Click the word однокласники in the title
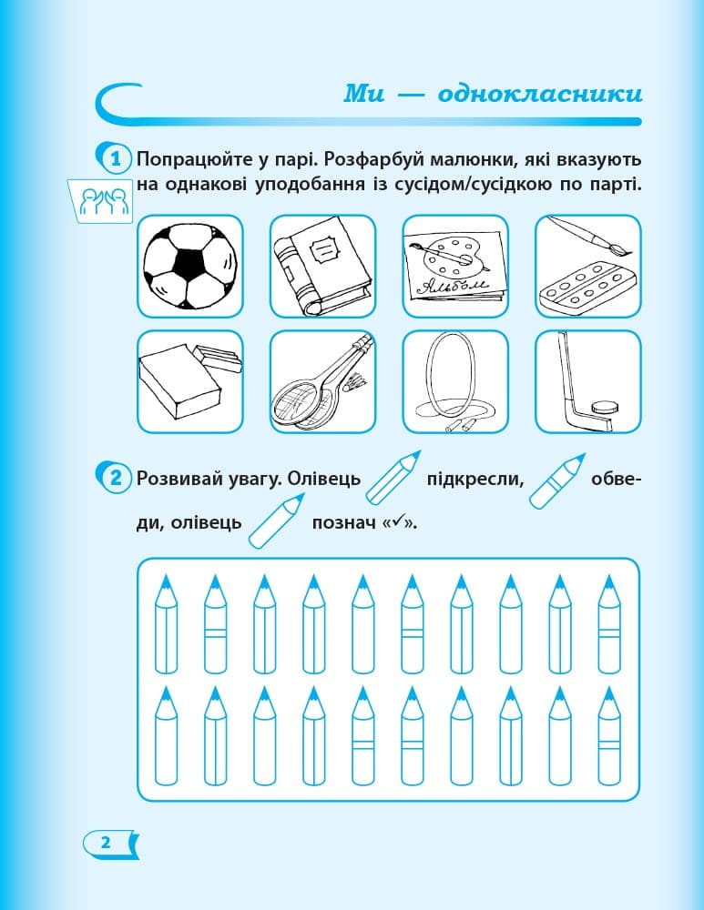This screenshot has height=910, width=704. (x=540, y=94)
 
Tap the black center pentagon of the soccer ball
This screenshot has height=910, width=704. (x=189, y=265)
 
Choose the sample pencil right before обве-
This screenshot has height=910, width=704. (x=555, y=480)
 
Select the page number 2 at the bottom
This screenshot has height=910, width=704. (x=106, y=842)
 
